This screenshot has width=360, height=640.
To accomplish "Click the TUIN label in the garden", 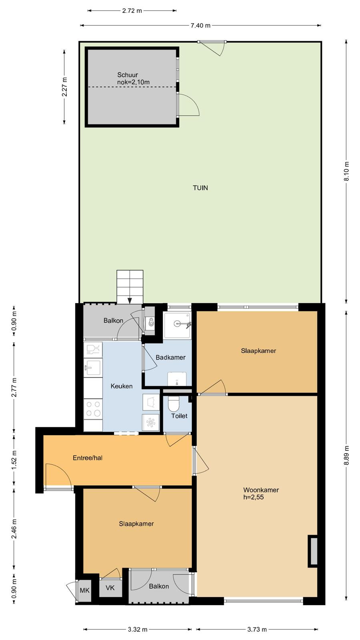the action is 200,188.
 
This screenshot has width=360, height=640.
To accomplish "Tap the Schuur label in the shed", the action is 128,75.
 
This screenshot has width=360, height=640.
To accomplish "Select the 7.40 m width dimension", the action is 200,26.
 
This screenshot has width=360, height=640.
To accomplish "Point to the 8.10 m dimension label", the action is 346,172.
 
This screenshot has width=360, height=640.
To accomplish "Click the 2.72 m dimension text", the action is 132,11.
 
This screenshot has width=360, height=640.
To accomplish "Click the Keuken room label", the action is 122,386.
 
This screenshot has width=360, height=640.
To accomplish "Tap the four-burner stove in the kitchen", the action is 93,409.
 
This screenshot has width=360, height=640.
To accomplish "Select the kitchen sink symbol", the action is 93,368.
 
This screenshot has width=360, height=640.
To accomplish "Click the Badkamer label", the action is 170,358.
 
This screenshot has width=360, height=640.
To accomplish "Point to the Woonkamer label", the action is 261,490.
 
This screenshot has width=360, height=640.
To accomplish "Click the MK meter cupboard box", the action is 84,590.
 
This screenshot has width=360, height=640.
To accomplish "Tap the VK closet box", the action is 110,588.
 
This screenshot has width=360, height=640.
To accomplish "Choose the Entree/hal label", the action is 88,458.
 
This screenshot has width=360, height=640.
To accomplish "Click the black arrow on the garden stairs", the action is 130,300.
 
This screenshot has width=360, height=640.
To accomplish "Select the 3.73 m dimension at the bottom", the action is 257,630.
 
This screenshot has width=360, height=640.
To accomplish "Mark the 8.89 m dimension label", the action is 346,456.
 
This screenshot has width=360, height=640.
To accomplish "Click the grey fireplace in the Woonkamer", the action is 313,551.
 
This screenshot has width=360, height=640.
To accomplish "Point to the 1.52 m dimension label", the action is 14,460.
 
